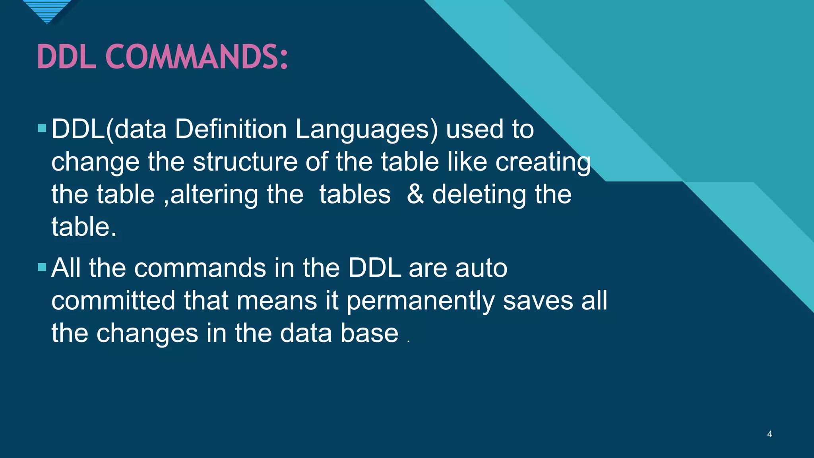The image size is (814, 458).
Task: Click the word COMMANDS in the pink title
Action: click(196, 57)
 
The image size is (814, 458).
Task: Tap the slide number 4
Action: click(769, 434)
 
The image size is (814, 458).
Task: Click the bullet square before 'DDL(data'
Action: click(42, 128)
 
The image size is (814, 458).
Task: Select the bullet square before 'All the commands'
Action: click(42, 267)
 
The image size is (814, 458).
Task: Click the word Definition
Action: click(231, 129)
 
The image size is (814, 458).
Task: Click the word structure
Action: click(245, 162)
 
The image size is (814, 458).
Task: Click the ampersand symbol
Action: click(415, 194)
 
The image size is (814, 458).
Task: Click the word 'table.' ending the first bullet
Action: click(84, 227)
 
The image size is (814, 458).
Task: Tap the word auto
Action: click(481, 268)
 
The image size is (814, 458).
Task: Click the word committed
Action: click(113, 300)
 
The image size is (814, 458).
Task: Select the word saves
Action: click(538, 301)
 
